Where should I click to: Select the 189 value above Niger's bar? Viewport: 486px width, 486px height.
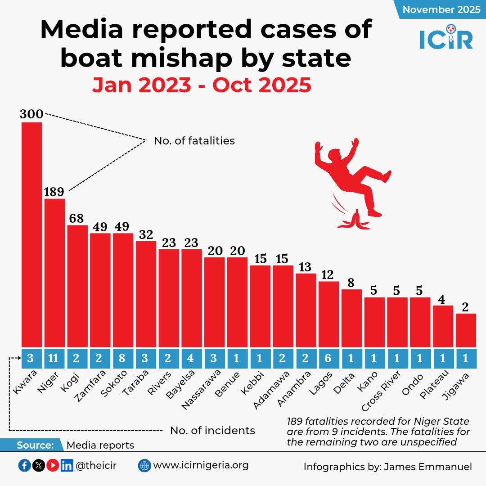pyautogui.click(x=54, y=192)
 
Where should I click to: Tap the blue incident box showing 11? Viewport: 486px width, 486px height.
pyautogui.click(x=54, y=358)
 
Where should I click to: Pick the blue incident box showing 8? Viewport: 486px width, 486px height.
pyautogui.click(x=123, y=358)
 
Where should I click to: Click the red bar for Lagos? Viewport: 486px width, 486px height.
pyautogui.click(x=328, y=313)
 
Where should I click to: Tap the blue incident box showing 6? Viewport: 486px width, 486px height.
pyautogui.click(x=328, y=358)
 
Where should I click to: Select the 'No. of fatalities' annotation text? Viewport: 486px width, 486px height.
pyautogui.click(x=194, y=141)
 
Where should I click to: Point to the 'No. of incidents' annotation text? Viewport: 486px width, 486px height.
pyautogui.click(x=212, y=431)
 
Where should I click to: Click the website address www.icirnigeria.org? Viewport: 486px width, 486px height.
pyautogui.click(x=201, y=465)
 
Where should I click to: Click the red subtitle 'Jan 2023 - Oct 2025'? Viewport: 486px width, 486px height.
pyautogui.click(x=202, y=85)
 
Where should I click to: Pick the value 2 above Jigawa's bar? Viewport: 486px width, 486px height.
pyautogui.click(x=466, y=307)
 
